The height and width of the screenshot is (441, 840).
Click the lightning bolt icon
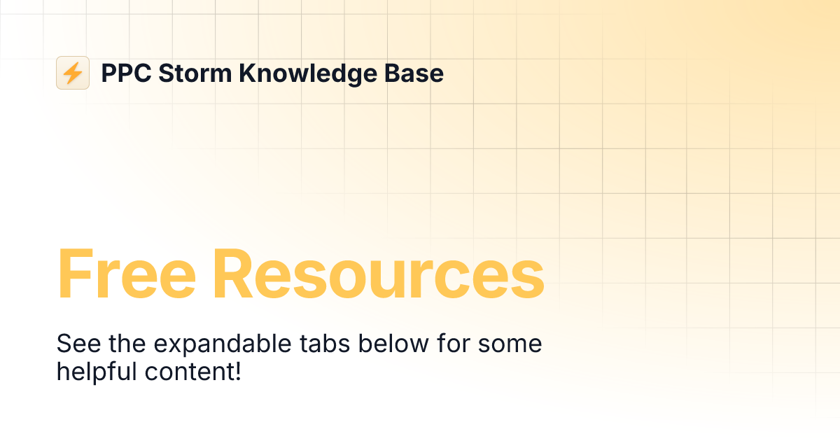pos(72,73)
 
